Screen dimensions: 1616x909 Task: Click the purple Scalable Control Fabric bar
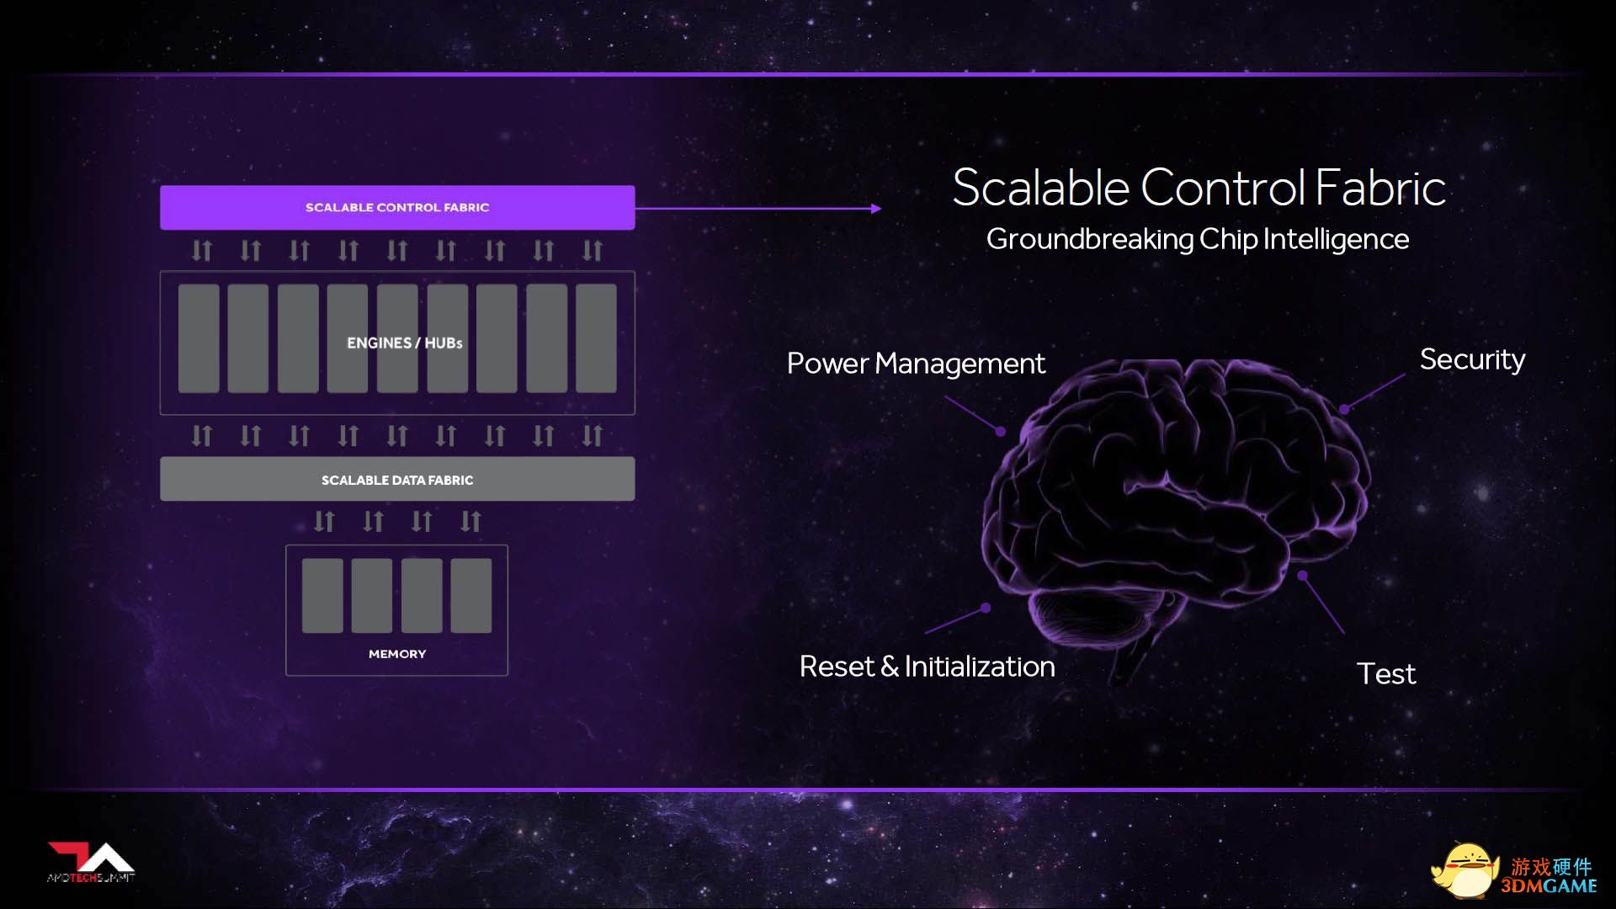397,207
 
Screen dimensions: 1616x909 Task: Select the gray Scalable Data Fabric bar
397,479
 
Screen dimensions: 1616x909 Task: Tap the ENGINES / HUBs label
405,343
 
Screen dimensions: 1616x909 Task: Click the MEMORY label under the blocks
397,654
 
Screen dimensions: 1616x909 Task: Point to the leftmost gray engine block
199,338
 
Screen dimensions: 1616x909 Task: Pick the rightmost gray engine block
596,338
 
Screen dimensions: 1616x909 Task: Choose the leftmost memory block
322,596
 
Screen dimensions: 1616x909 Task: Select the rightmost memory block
471,596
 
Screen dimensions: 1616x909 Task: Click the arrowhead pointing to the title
877,208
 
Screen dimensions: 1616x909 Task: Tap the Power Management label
916,364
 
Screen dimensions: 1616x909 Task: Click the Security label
1472,360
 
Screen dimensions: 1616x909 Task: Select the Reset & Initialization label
927,667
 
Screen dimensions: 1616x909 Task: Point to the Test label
1386,673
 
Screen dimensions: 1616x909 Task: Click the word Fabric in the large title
1380,187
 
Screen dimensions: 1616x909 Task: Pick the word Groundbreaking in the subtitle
1090,239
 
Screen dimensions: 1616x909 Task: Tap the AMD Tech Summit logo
91,863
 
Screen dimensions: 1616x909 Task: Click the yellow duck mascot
1465,870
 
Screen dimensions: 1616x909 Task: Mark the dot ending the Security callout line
1344,410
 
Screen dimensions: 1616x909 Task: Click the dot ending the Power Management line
1001,432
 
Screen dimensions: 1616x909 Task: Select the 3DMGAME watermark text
1549,886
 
